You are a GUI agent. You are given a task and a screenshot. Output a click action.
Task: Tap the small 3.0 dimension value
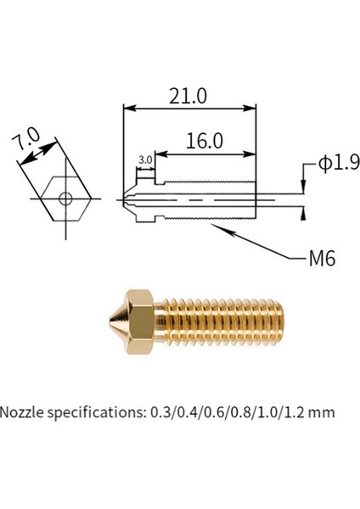(x=143, y=159)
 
